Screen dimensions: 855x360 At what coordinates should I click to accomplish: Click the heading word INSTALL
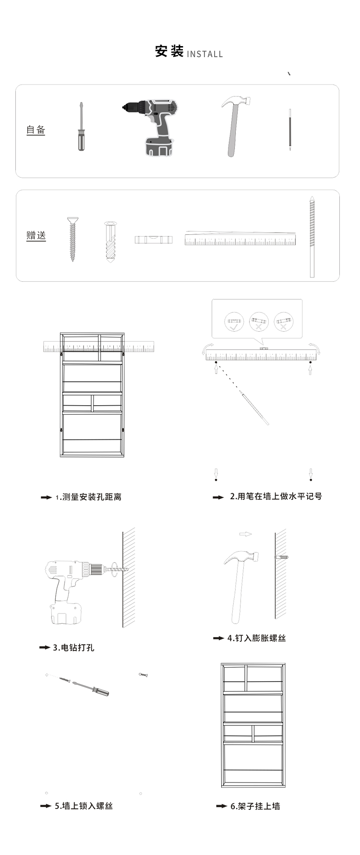204,54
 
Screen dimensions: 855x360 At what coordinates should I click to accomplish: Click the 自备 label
36,130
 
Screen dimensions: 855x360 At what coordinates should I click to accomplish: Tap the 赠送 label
36,235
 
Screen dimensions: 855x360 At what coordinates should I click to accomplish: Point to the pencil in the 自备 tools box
290,130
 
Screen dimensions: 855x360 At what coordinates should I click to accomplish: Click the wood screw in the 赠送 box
72,239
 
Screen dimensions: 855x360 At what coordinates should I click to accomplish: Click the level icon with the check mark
234,321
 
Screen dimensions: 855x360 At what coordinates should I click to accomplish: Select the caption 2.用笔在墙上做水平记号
276,496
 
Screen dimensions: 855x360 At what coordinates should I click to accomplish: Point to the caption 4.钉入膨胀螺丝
257,638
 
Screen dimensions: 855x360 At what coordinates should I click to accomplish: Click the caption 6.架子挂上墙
255,806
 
